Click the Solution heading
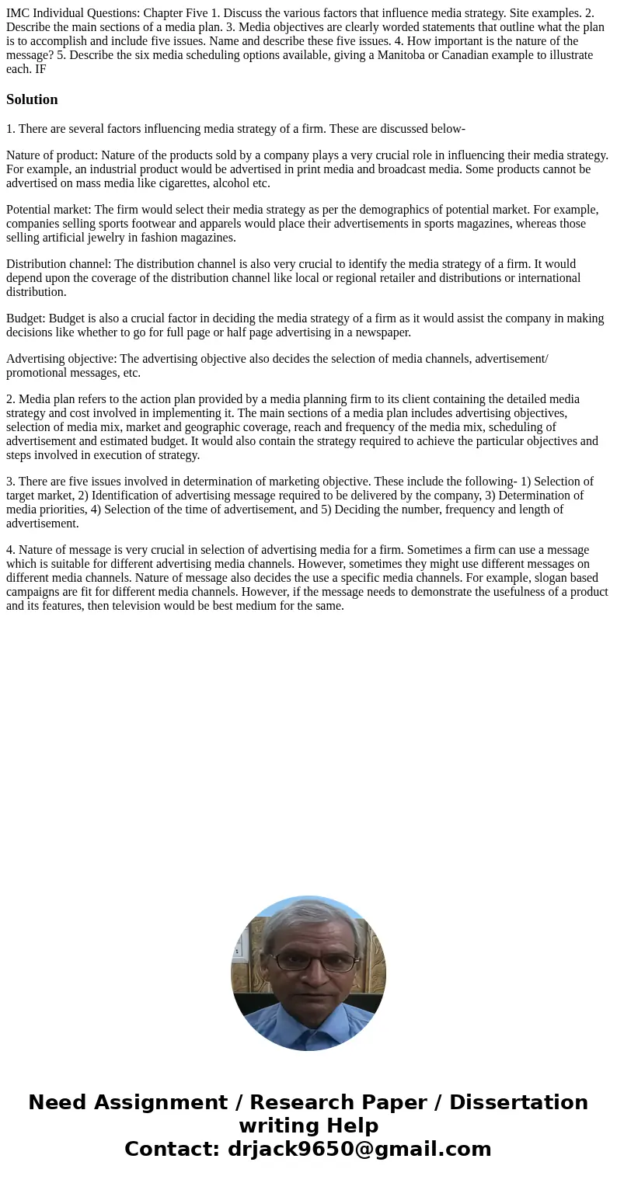[x=32, y=99]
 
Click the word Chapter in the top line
[x=163, y=13]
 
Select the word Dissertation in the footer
[x=518, y=1103]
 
